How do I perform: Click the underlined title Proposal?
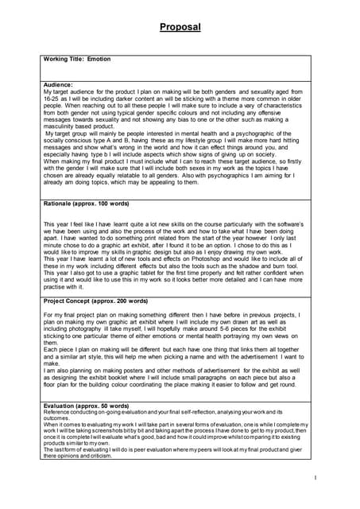click(x=180, y=27)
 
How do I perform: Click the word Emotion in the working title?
click(x=99, y=59)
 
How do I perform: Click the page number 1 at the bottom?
click(x=315, y=477)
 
